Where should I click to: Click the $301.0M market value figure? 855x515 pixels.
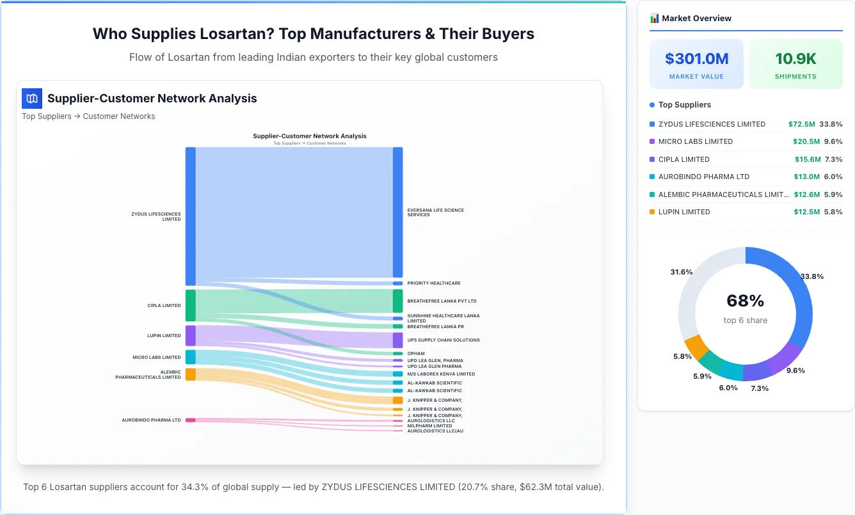(x=696, y=59)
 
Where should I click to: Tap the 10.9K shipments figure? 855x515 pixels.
(x=795, y=59)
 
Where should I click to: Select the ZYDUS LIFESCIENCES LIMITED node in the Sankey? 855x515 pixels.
(x=190, y=216)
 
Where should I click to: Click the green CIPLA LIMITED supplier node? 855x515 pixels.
(x=190, y=305)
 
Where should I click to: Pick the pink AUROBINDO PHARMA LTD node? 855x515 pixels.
(x=190, y=420)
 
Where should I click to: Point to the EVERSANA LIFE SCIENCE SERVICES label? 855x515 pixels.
(x=435, y=212)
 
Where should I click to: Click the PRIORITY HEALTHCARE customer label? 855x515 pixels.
(x=433, y=283)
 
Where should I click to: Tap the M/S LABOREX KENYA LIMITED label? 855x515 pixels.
(x=441, y=374)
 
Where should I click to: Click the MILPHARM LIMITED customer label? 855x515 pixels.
(x=429, y=426)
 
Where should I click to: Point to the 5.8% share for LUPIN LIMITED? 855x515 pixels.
(x=833, y=212)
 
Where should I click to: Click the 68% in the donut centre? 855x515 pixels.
(x=745, y=301)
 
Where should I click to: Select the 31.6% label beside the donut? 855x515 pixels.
(x=681, y=272)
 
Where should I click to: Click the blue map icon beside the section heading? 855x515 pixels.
(x=32, y=99)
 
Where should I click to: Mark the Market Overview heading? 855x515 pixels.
(x=696, y=19)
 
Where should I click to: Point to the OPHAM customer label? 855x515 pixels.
(x=415, y=354)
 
